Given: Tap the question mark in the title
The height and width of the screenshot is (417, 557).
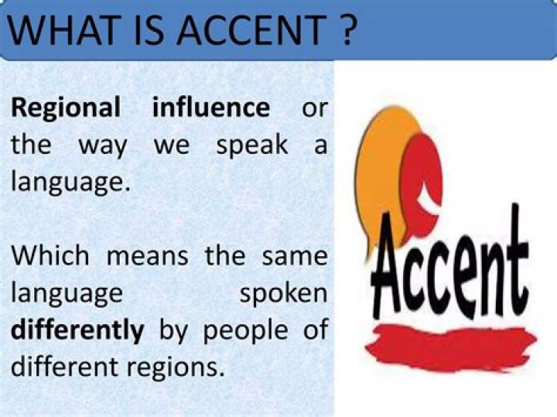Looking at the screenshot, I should coord(346,29).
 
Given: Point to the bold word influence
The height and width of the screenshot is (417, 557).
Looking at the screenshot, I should coord(211,108).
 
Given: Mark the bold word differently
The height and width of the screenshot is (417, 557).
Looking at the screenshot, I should coord(77,330).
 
